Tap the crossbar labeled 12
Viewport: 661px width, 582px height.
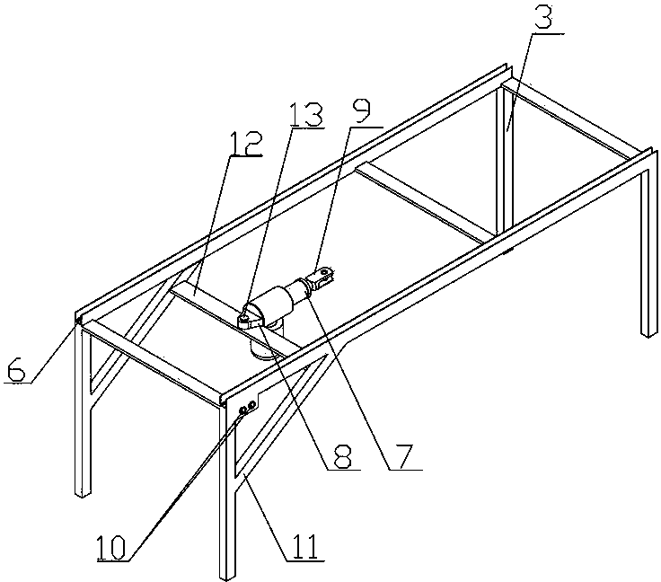click(x=216, y=303)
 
